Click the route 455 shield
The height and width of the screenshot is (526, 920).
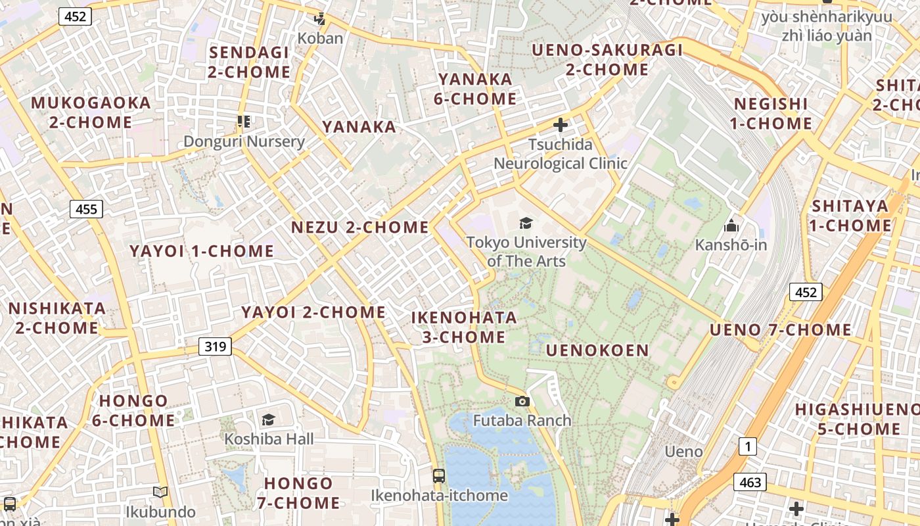click(86, 210)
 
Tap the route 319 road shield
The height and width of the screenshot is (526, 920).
click(215, 346)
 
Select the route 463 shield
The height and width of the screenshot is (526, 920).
click(750, 483)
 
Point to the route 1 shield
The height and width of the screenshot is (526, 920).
click(747, 447)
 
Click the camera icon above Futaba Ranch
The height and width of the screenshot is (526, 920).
click(522, 401)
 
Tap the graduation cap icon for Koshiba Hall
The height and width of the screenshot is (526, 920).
click(268, 419)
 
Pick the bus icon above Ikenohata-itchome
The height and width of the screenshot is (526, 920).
click(438, 475)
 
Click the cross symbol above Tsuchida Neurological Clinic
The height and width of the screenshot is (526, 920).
click(561, 124)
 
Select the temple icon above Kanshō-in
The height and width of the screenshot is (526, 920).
click(731, 226)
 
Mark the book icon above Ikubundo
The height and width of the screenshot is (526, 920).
click(160, 492)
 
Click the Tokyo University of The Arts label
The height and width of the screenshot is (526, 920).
click(526, 251)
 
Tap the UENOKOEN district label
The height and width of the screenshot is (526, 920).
click(597, 350)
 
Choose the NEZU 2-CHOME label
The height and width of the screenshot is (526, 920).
click(359, 227)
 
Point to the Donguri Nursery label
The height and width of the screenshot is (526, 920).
click(244, 141)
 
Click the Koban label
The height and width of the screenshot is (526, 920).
click(320, 38)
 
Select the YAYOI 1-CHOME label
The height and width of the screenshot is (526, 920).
click(202, 251)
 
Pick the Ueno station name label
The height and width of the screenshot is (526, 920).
click(683, 452)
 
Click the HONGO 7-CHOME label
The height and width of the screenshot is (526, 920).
click(298, 493)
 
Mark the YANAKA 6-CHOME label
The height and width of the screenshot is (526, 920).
click(477, 89)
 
